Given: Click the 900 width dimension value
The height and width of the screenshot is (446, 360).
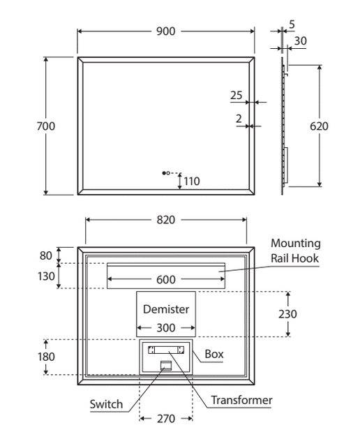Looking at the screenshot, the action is click(166, 31).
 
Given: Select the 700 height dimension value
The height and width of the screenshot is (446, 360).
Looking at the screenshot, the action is click(46, 126).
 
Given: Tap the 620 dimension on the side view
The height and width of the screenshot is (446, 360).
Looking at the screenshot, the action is click(319, 126).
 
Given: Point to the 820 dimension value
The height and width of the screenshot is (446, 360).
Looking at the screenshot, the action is click(166, 220).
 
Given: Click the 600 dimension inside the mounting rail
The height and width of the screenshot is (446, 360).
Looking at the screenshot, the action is click(166, 280).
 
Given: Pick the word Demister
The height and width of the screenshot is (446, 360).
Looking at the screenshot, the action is click(166, 309).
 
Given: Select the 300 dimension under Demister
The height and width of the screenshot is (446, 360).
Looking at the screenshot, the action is click(166, 328).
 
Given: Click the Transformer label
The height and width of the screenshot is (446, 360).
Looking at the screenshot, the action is click(241, 400).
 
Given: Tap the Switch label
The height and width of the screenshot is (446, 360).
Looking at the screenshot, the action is click(106, 404).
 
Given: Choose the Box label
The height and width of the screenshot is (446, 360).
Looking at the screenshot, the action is click(214, 354).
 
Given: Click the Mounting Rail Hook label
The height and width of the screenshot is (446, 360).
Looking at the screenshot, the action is click(295, 251).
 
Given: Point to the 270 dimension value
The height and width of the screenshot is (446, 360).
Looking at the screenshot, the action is click(166, 419).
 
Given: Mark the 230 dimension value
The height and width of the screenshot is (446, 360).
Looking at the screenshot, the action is click(287, 314).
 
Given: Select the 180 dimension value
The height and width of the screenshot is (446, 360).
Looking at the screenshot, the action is click(46, 357).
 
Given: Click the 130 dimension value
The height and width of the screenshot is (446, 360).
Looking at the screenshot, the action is click(46, 276).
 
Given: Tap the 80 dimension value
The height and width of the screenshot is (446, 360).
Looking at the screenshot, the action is click(46, 255).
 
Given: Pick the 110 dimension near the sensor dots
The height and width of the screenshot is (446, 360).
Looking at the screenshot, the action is click(192, 181).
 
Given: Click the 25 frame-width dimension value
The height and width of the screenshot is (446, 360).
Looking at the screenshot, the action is click(237, 96).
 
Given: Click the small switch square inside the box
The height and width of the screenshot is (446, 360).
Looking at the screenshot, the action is click(166, 365).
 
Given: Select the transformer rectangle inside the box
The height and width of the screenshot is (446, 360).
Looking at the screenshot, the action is click(166, 350).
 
